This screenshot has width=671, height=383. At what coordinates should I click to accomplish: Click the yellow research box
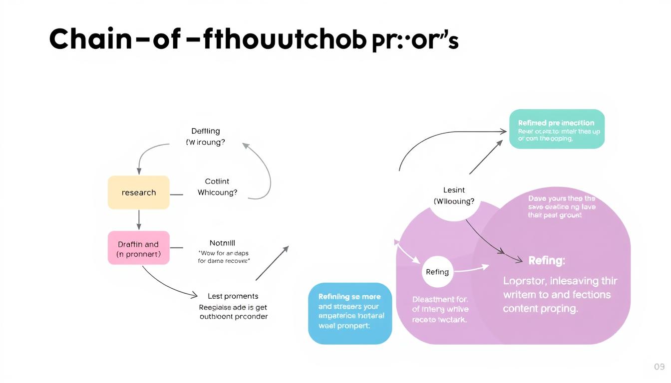click(x=139, y=192)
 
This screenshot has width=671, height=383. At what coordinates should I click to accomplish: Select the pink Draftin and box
click(x=139, y=248)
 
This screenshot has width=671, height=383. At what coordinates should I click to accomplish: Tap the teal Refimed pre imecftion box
click(x=557, y=129)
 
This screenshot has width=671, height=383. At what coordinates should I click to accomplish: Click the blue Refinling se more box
click(x=350, y=313)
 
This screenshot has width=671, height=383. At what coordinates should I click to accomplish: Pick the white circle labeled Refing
click(x=437, y=272)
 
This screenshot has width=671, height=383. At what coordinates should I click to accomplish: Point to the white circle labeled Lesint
click(x=454, y=196)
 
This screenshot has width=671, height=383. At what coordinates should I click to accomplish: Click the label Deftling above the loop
click(x=206, y=131)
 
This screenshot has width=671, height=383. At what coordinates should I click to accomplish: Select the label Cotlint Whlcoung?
click(x=217, y=187)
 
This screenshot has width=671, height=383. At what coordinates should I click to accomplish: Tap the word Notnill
click(x=222, y=243)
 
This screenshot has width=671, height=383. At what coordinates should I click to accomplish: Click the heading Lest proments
click(x=233, y=296)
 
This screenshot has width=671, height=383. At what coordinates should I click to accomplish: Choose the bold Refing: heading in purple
click(x=546, y=260)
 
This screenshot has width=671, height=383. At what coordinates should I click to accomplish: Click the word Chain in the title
click(x=90, y=40)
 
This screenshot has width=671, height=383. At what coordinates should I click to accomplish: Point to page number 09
click(x=659, y=367)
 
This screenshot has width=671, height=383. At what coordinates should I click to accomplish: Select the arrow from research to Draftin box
click(x=139, y=219)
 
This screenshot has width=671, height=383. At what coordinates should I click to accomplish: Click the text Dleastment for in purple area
click(x=440, y=300)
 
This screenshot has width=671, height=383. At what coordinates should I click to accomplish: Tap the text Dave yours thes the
click(x=561, y=198)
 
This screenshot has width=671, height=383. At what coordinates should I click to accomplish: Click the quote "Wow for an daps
click(x=223, y=253)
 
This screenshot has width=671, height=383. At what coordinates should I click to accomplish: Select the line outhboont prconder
click(x=233, y=317)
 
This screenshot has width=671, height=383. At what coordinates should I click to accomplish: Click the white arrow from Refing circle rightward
click(x=470, y=269)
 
